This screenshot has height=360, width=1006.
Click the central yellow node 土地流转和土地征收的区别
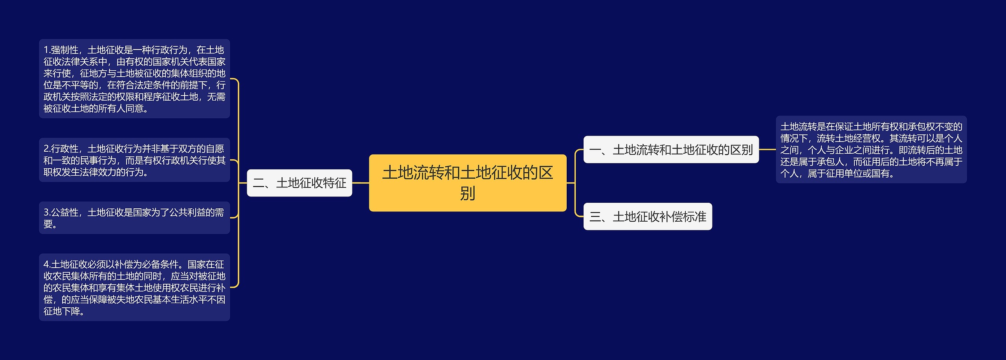468,183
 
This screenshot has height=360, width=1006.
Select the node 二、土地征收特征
299,183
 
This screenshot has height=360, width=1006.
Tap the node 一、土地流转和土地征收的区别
671,149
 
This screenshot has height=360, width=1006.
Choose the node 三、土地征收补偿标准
648,216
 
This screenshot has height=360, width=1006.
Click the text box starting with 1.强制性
134,79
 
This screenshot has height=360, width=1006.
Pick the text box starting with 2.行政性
134,160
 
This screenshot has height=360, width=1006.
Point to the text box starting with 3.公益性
134,218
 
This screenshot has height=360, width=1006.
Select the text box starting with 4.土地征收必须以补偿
134,287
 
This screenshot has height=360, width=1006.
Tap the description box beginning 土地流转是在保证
871,149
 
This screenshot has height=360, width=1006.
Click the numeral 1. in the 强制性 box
47,50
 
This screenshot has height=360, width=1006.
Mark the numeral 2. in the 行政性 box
47,149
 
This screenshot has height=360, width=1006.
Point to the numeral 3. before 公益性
47,212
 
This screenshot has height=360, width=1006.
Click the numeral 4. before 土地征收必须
47,264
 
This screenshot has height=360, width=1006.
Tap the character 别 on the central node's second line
468,193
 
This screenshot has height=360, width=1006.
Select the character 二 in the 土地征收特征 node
259,183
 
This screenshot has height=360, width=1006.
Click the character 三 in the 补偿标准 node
595,217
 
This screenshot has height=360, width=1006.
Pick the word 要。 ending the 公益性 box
50,224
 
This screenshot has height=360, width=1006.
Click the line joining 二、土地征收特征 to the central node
360,183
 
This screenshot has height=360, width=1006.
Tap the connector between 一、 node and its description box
767,149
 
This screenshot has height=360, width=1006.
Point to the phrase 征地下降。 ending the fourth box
64,311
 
